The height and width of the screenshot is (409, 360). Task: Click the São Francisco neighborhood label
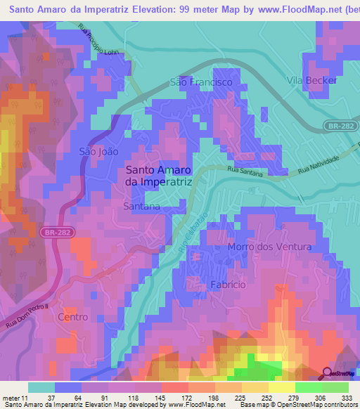(x=201, y=82)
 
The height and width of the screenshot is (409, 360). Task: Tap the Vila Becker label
(x=312, y=81)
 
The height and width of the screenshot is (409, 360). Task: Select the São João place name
(x=98, y=151)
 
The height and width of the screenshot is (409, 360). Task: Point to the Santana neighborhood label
(x=141, y=207)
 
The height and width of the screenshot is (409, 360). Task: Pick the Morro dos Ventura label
(x=269, y=247)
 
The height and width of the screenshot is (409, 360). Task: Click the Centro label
(x=73, y=318)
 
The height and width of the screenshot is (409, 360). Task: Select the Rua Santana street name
(x=245, y=171)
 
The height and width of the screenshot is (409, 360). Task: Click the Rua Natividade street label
(x=319, y=166)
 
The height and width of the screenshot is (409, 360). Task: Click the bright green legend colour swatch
(x=309, y=387)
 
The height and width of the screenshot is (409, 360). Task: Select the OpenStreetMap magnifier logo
(x=327, y=374)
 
